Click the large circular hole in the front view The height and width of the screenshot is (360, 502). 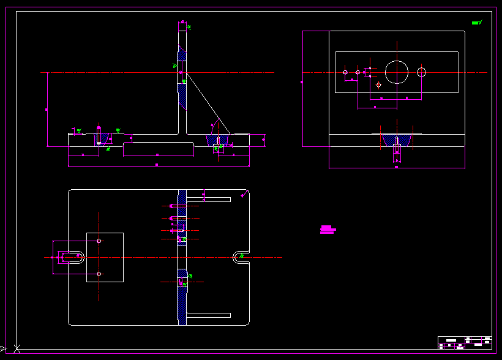(x=397, y=72)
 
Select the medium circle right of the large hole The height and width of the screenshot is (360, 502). (x=421, y=72)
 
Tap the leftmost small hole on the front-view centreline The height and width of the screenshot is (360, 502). (x=345, y=72)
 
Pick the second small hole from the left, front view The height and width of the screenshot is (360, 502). (x=358, y=72)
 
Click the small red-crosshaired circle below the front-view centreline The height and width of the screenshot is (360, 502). (x=379, y=84)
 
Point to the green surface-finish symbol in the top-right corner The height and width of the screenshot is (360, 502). (x=477, y=23)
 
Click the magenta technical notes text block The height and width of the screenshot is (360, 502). (x=328, y=230)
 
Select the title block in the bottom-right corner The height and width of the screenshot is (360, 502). (x=465, y=343)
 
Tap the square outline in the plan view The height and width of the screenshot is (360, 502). (x=105, y=257)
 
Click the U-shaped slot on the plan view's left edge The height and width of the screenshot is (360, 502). (x=72, y=257)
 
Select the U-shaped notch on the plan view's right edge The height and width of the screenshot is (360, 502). (x=240, y=257)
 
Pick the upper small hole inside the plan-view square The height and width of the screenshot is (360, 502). (x=99, y=241)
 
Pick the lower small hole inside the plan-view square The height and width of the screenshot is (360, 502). (x=99, y=274)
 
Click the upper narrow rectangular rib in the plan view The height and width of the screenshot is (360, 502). (x=208, y=200)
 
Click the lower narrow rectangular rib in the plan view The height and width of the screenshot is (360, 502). (x=208, y=315)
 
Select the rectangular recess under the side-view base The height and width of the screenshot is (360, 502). (x=158, y=149)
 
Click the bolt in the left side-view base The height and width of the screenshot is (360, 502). (x=99, y=136)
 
